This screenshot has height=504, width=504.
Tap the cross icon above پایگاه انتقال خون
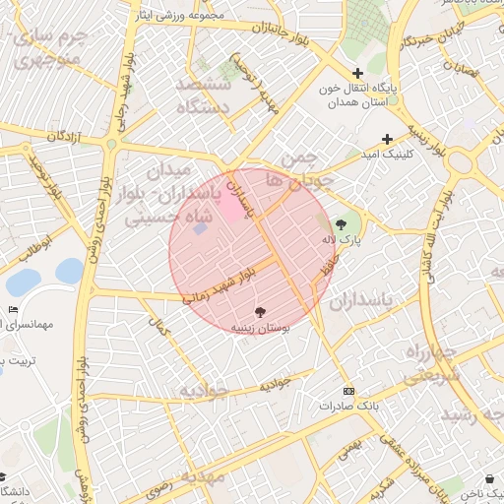pos(357,73)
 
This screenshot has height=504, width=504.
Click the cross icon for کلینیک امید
pos(387,139)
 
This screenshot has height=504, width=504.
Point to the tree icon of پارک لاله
pos(342,223)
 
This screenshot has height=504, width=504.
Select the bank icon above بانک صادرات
pos(347,391)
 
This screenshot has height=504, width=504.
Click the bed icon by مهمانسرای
pos(13,310)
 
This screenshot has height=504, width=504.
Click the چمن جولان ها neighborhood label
pos(306,168)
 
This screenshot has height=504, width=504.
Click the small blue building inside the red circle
pos(200,228)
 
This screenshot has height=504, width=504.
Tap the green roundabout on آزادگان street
pos(111,145)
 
